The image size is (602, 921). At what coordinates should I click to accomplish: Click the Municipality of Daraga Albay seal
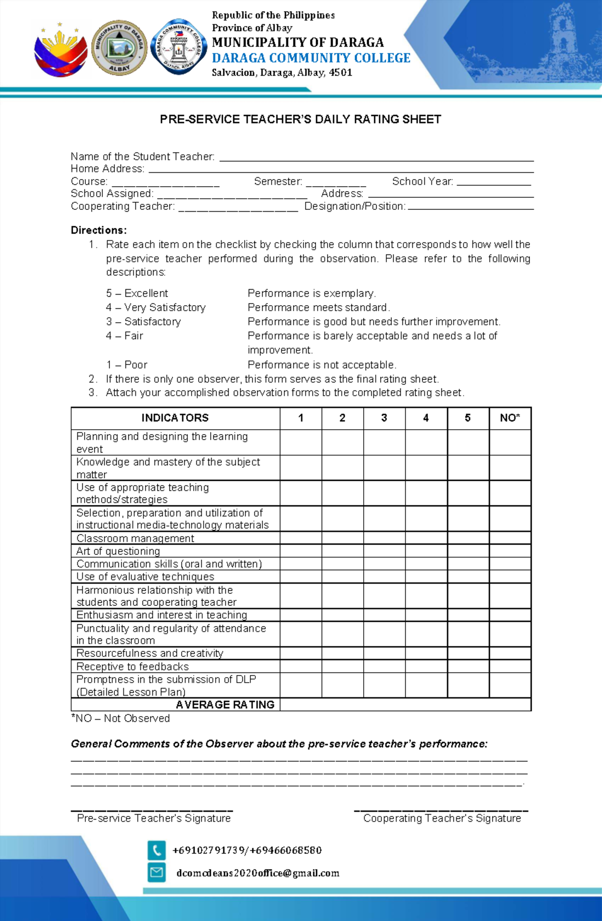[x=119, y=48]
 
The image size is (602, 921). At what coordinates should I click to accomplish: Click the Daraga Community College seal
[x=178, y=47]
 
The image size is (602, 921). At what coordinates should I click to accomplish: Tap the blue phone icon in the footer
[x=157, y=850]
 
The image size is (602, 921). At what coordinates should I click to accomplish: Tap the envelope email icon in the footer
[x=157, y=872]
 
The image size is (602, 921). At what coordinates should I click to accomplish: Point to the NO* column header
[x=510, y=418]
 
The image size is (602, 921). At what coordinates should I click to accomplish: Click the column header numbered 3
[x=384, y=418]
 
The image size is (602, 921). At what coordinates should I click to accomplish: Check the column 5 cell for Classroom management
[x=468, y=538]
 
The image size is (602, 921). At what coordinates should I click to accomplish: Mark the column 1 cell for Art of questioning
[x=300, y=551]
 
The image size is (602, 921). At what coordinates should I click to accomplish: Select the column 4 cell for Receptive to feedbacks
[x=426, y=666]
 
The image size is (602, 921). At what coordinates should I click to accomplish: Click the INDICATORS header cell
[x=175, y=418]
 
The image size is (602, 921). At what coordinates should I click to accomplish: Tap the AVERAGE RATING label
[x=225, y=705]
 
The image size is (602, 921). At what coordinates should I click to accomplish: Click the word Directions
[x=98, y=230]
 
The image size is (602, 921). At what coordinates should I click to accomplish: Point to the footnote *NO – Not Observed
[x=120, y=718]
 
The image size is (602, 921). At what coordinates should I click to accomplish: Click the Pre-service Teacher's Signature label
[x=154, y=818]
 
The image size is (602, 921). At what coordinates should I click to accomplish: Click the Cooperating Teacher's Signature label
[x=442, y=818]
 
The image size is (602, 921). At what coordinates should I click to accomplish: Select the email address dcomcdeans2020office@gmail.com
[x=258, y=873]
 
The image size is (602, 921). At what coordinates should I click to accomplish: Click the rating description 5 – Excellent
[x=137, y=293]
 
